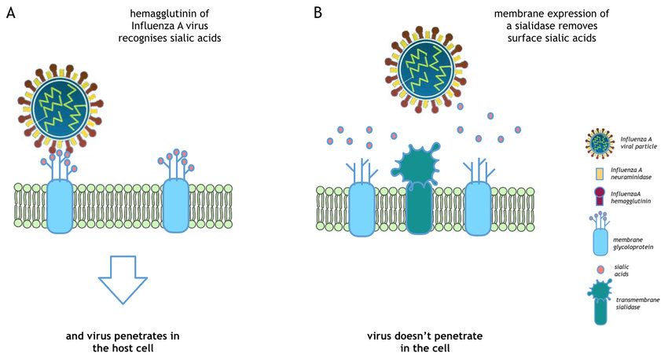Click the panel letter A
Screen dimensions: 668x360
coord(11,13)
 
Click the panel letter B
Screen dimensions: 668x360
coord(317,13)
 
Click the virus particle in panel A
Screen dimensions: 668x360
coord(60,108)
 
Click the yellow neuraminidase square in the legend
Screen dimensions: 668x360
coord(600,174)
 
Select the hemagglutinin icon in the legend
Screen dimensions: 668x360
coord(600,197)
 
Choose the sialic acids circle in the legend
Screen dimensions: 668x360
coord(600,270)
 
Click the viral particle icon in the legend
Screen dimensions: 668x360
coord(600,143)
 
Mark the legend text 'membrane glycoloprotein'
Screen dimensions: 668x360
coord(633,243)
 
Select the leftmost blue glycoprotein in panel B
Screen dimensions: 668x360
coord(362,197)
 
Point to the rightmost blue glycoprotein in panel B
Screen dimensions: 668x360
coord(478,197)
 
